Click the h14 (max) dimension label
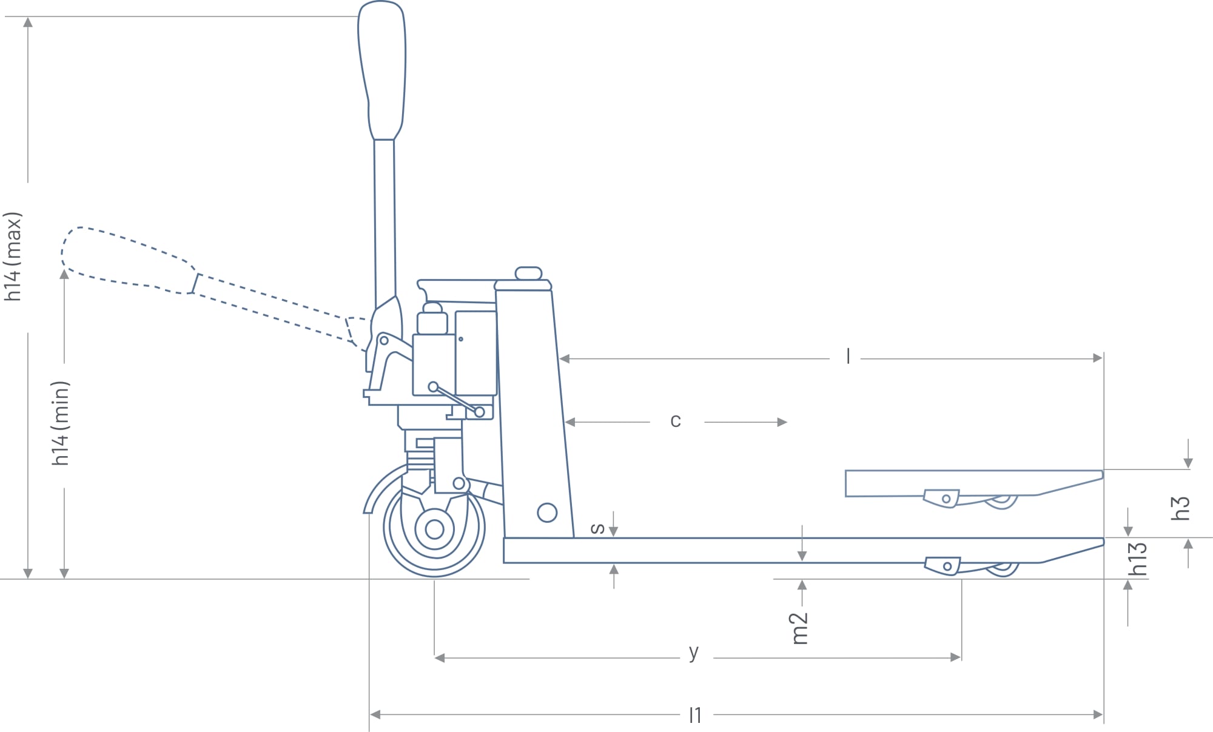(13, 257)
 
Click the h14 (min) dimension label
(61, 423)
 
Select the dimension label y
(694, 653)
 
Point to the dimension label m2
(801, 628)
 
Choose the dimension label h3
(1180, 508)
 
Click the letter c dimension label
(676, 421)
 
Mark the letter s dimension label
(597, 528)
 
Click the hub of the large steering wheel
(434, 529)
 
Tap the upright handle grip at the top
(382, 70)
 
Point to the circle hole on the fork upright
(547, 512)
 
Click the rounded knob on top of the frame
(528, 273)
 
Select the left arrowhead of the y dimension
(440, 658)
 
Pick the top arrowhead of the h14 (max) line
(28, 22)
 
